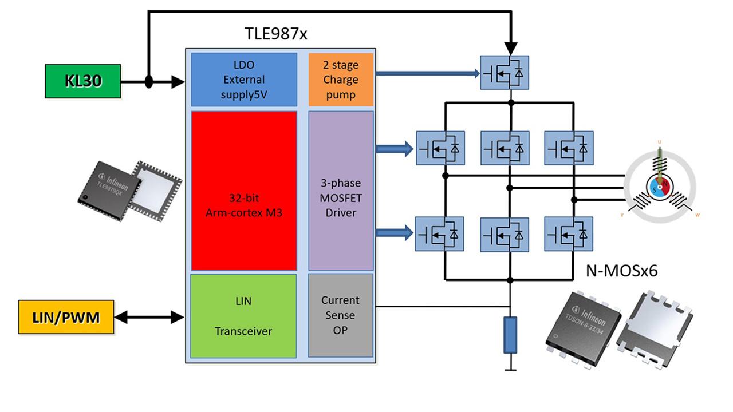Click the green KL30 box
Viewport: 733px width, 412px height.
click(x=83, y=81)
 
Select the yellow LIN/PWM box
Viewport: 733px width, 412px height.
click(x=66, y=316)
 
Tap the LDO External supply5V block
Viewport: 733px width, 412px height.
click(x=243, y=80)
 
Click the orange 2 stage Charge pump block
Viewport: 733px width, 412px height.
click(x=341, y=80)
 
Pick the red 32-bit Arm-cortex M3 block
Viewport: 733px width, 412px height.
click(x=243, y=191)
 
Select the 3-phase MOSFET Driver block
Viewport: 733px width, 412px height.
click(x=341, y=191)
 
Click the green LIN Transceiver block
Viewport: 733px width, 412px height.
click(x=243, y=316)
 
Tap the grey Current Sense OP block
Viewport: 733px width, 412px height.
click(x=341, y=315)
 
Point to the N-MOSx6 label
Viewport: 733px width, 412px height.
click(x=621, y=271)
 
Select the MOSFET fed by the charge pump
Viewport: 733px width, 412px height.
click(x=505, y=73)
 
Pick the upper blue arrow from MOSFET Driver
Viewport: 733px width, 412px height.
click(x=394, y=149)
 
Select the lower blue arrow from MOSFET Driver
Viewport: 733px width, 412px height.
click(x=394, y=232)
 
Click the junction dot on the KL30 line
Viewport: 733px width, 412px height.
click(x=148, y=82)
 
